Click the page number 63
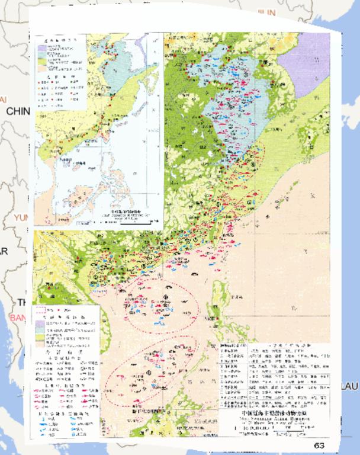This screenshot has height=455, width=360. pos(319,445)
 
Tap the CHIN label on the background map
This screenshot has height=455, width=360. pos(18,111)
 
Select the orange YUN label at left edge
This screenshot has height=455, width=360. pos(21,217)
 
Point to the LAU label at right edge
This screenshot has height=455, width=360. pos(349,386)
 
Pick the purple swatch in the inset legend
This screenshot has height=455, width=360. pos(43,46)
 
